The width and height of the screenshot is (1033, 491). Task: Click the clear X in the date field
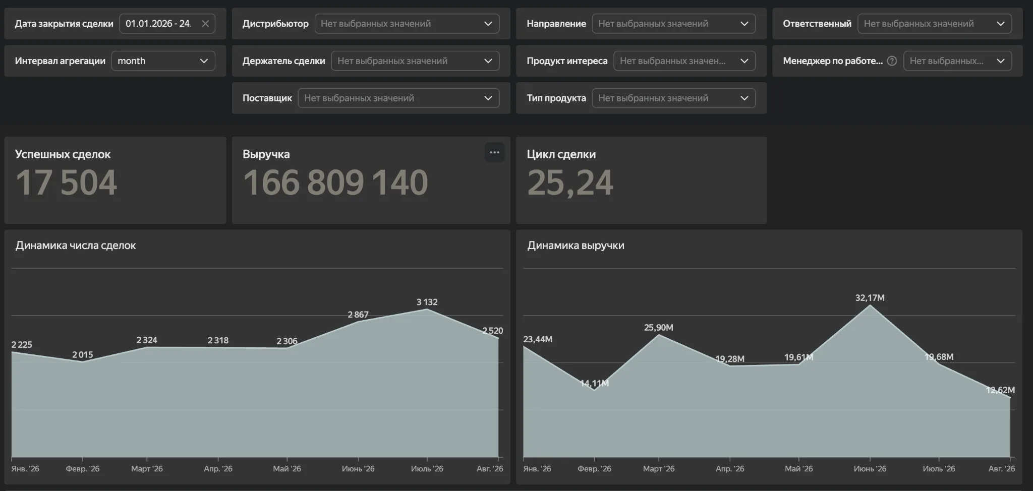click(205, 24)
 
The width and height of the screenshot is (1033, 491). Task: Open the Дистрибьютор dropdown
click(407, 24)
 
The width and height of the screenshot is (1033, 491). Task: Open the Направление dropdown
click(673, 24)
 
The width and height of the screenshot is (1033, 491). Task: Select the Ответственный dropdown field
click(935, 24)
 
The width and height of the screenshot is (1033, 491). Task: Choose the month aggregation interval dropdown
click(163, 61)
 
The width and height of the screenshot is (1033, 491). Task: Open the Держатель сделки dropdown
click(415, 61)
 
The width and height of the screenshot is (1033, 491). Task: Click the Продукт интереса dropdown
click(684, 61)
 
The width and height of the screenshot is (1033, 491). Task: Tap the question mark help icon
click(892, 61)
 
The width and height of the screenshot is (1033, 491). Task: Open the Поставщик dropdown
click(398, 98)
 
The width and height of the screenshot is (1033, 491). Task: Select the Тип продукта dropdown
click(673, 98)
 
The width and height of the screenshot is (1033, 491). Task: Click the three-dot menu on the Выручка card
click(494, 153)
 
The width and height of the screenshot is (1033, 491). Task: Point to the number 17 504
click(67, 182)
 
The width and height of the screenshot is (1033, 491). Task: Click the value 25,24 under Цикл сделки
click(570, 182)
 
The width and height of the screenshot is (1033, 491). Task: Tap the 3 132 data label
click(427, 302)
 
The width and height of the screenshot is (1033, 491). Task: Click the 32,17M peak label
click(870, 298)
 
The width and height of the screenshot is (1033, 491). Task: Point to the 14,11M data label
click(595, 384)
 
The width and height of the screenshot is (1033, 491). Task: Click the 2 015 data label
click(83, 355)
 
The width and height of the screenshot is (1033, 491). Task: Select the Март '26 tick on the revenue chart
click(659, 469)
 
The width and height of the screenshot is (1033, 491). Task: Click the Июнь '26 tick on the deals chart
click(358, 469)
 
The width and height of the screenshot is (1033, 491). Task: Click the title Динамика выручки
click(576, 245)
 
